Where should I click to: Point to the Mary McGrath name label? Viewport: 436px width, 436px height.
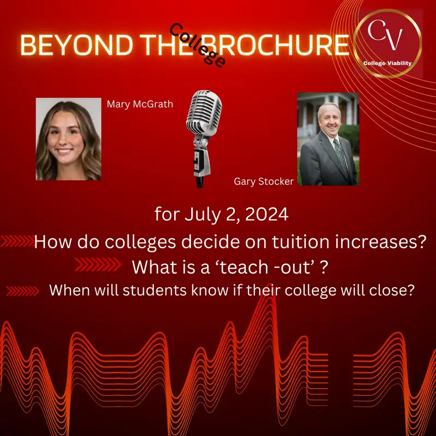click(140, 104)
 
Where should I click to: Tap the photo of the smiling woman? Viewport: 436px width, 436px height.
click(69, 139)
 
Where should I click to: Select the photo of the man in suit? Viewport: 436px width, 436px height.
click(328, 139)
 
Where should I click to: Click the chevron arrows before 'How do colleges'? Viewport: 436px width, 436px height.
click(17, 241)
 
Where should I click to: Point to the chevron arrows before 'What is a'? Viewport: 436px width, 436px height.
click(97, 265)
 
